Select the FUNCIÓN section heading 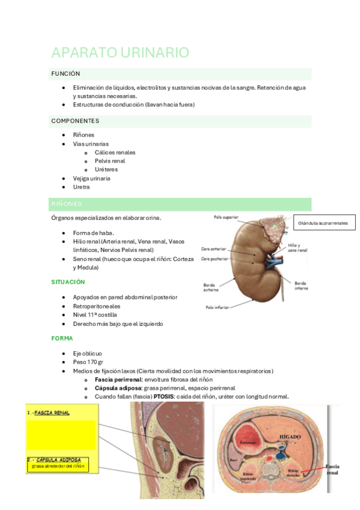coord(66,73)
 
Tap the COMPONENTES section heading coord(75,121)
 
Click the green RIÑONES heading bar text coord(67,204)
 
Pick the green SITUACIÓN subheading coord(68,281)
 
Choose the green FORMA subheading coord(63,338)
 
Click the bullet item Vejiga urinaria coord(91,179)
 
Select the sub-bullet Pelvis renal coord(109,161)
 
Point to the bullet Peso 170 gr coord(88,362)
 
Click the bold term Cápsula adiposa coord(118,388)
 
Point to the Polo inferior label coord(219,306)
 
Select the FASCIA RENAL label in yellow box coord(52,413)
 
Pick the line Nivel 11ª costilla coord(95,315)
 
